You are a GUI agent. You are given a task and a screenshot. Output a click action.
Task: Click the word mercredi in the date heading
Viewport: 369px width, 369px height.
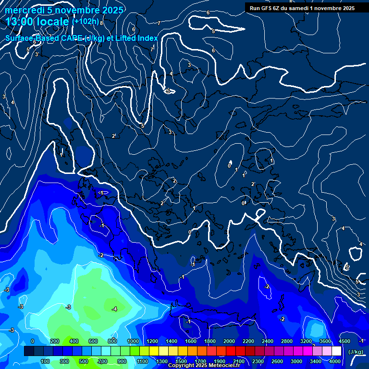point(24,10)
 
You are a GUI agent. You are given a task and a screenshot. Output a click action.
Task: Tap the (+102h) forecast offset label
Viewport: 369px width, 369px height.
point(86,21)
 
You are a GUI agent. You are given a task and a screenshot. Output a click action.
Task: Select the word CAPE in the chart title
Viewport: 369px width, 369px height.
point(72,38)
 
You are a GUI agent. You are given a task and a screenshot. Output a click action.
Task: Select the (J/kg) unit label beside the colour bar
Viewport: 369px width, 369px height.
point(356,352)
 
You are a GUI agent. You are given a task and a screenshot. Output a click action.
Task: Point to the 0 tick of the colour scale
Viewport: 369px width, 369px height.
point(33,341)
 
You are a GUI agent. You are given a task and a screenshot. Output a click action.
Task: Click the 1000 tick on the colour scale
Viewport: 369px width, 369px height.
point(133,341)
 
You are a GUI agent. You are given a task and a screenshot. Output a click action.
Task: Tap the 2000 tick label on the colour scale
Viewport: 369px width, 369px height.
point(229,341)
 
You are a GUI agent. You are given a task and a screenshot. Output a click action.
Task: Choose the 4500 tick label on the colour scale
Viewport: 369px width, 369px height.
point(344,341)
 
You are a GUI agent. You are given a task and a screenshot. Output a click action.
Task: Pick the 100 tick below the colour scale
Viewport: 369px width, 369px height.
point(45,361)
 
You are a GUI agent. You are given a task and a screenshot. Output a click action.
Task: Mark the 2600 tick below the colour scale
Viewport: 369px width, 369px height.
point(277,361)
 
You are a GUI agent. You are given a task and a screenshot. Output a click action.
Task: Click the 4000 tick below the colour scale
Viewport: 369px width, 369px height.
point(335,361)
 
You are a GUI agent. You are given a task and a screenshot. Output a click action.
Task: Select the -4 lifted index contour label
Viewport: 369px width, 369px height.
point(114,308)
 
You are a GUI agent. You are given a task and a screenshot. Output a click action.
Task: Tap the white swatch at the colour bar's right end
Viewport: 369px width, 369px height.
point(336,352)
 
